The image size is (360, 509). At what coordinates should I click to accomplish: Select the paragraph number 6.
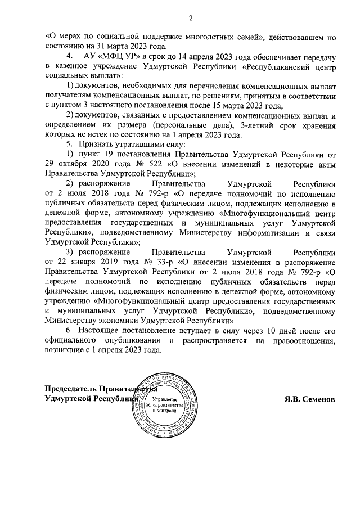pyautogui.click(x=70, y=331)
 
